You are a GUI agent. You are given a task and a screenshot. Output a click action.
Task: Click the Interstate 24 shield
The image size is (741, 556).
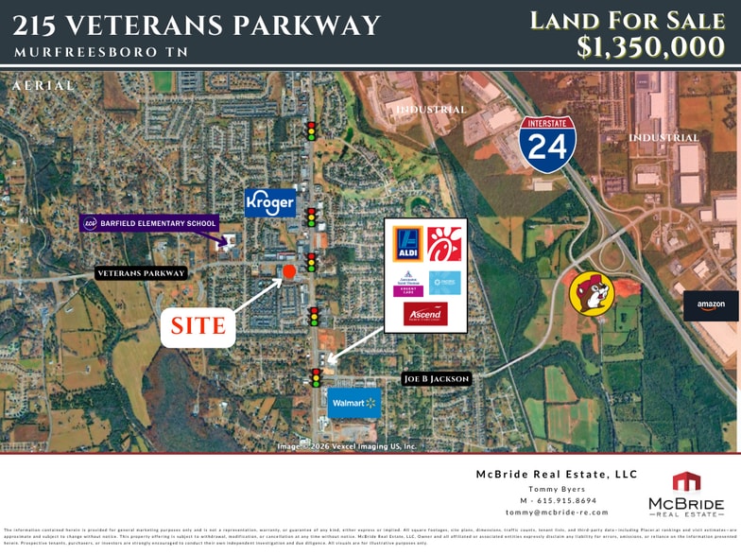[x=547, y=145]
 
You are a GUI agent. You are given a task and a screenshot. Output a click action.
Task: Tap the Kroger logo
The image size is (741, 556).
[x=270, y=202]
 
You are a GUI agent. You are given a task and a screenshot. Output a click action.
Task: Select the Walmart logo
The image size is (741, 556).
[x=353, y=403]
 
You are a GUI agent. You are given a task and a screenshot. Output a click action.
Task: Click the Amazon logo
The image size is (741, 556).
[x=710, y=305]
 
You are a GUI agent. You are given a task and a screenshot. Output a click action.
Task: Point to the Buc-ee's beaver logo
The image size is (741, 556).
[x=591, y=293]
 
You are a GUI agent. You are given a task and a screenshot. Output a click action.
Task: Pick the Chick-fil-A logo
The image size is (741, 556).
[x=444, y=245]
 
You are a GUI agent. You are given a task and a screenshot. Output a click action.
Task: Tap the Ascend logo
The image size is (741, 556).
[x=425, y=313]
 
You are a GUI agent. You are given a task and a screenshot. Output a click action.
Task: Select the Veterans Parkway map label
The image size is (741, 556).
[x=141, y=273]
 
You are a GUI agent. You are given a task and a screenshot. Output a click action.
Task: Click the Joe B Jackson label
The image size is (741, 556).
[x=436, y=379]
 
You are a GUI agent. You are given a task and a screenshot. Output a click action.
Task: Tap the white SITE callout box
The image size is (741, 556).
[x=198, y=327]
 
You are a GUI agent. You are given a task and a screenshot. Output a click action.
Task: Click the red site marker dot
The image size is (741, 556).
[x=289, y=272]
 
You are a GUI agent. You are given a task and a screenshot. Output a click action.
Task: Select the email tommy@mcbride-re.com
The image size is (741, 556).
[x=557, y=513]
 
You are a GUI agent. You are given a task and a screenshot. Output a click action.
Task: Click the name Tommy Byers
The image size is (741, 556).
[x=557, y=488]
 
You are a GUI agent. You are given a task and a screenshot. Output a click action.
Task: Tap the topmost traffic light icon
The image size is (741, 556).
[x=310, y=130]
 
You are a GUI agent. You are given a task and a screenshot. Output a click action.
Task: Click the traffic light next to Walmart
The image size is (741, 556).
[x=316, y=377]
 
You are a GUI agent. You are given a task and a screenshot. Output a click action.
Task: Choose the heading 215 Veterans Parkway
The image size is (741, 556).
[x=198, y=26]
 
